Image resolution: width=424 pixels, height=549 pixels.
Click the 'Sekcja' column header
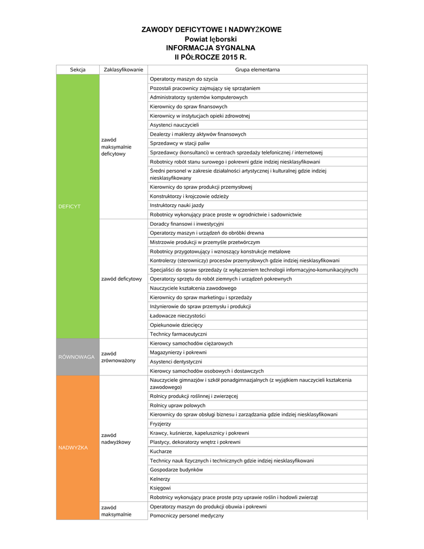coord(78,70)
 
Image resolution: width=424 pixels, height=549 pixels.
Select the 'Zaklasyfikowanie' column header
coord(123,70)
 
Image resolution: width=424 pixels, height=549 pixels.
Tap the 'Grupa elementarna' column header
coord(257,70)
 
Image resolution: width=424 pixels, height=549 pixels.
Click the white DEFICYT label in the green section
coord(69,206)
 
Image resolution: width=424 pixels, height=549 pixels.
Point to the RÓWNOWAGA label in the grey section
coord(77,357)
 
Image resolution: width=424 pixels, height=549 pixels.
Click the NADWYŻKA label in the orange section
coord(72,448)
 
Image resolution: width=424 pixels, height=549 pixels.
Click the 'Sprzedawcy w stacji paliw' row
coord(180,143)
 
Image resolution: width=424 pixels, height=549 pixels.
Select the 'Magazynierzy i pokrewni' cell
coord(178,352)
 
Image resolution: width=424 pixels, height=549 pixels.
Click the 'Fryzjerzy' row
coord(161,424)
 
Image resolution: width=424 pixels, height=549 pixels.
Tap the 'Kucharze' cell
coord(161,451)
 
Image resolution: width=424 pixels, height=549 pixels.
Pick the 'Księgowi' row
coord(160,488)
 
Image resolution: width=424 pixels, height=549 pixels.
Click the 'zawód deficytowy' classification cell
coord(121,279)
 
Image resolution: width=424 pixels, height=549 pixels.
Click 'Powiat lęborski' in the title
coord(211,39)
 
